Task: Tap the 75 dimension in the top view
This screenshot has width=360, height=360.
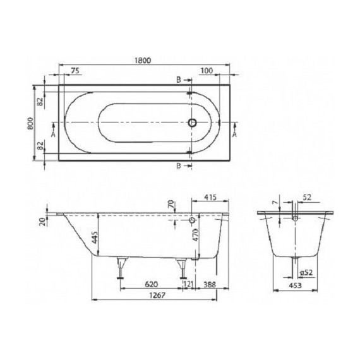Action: pos(75,71)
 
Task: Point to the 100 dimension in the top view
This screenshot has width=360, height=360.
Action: pos(205,71)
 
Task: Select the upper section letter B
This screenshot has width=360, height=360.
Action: pos(179,80)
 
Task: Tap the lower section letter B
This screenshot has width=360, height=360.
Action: pos(179,165)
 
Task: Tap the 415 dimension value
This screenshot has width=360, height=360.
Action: pos(210,198)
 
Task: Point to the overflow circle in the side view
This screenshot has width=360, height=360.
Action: pos(192,221)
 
